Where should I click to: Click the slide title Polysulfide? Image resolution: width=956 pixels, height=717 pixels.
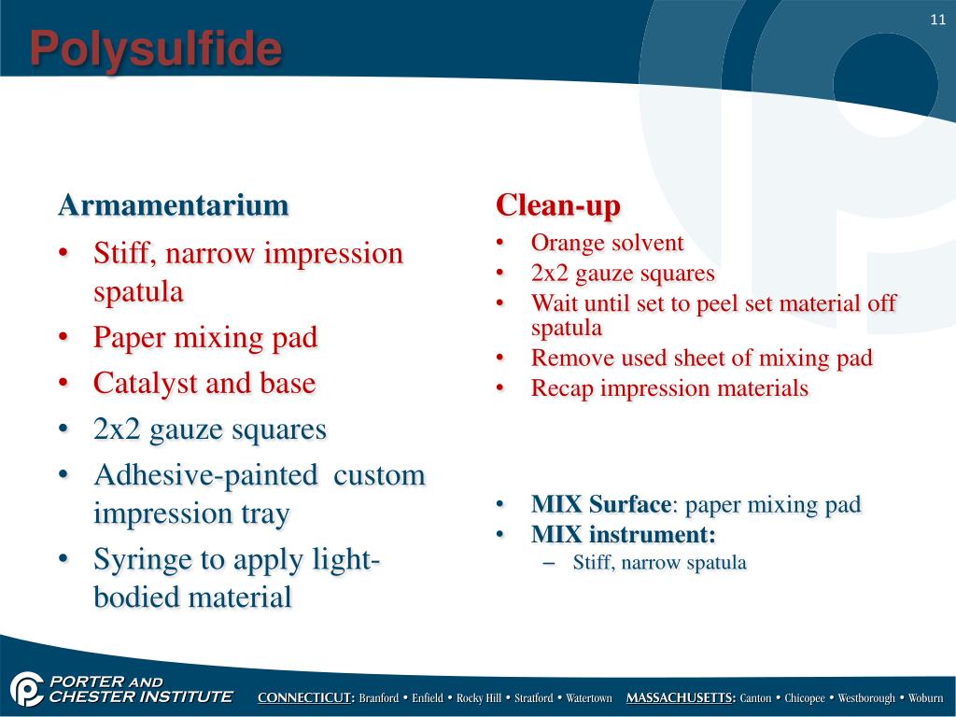click(x=155, y=49)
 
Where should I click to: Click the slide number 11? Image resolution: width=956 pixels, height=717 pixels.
click(x=937, y=21)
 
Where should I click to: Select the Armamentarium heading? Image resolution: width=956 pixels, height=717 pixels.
click(x=173, y=205)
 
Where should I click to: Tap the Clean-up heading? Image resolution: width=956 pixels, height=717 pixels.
click(x=557, y=204)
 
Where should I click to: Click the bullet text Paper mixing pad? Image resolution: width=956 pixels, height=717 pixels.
click(x=205, y=337)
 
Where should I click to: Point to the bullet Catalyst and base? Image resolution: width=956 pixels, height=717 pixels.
click(x=204, y=383)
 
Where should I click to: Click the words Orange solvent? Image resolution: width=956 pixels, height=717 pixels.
click(x=607, y=244)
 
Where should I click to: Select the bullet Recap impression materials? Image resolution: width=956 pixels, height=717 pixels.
click(x=668, y=388)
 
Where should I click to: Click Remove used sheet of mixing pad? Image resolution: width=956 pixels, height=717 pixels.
click(x=701, y=358)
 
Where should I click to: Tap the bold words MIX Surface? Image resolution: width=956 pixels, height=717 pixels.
click(x=600, y=505)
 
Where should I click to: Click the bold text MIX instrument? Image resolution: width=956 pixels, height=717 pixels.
click(x=623, y=535)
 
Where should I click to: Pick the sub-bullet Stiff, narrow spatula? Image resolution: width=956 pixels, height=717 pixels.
click(x=659, y=563)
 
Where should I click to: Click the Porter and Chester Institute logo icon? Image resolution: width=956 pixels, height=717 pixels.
click(x=27, y=689)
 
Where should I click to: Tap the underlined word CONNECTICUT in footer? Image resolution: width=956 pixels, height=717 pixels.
click(x=305, y=698)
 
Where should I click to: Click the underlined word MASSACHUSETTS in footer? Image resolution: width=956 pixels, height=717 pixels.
click(x=681, y=698)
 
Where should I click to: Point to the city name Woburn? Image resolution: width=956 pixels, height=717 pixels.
click(x=925, y=698)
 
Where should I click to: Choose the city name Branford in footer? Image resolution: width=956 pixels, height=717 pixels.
click(x=379, y=698)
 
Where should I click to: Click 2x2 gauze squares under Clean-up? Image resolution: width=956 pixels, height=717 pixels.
click(x=622, y=274)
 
